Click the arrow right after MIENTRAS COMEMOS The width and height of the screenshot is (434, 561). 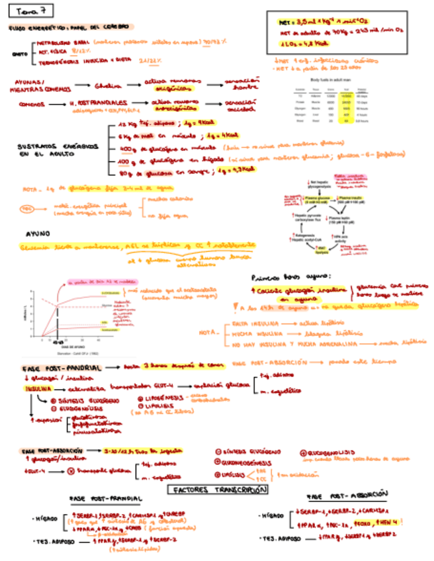(x=82, y=85)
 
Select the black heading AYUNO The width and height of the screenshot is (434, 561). (x=38, y=234)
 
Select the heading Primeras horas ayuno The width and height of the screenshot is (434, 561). (x=290, y=277)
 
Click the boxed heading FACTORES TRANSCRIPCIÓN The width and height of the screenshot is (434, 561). (x=218, y=490)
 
